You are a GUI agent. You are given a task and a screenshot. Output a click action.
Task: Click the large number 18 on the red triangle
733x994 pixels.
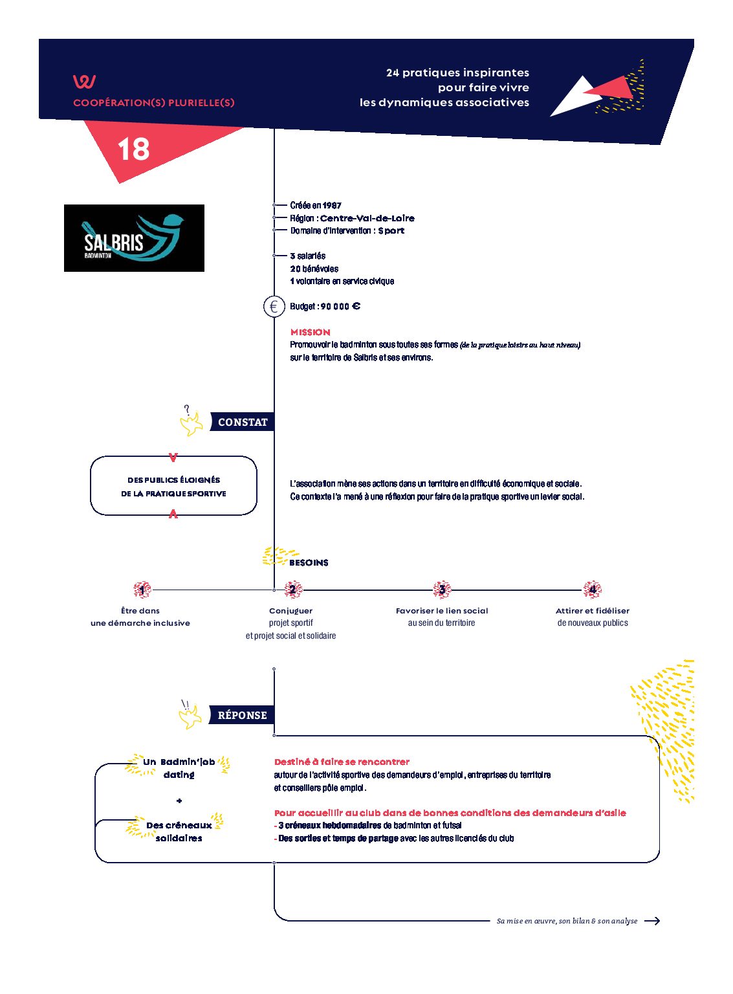[133, 149]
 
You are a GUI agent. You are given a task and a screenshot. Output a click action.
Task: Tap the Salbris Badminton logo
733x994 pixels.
[134, 238]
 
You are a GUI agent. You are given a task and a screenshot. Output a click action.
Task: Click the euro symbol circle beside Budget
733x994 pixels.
[274, 307]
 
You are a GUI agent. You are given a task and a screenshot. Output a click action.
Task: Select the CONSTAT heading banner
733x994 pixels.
[242, 422]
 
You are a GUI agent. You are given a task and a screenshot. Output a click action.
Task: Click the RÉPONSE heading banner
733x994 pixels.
[241, 715]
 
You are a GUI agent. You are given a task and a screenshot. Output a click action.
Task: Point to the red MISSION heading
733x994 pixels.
[310, 332]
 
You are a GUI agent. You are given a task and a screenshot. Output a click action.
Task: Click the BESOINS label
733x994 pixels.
[309, 562]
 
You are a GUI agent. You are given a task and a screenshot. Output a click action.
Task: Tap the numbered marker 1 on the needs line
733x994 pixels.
[142, 590]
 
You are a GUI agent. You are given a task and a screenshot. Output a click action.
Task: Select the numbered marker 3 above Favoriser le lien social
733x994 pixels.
[442, 590]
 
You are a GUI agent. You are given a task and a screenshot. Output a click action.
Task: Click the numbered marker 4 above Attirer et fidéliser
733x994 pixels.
[592, 590]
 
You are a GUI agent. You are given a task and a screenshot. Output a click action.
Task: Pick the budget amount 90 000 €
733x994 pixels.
[340, 307]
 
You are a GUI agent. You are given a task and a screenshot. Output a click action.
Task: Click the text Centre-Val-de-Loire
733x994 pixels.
[367, 218]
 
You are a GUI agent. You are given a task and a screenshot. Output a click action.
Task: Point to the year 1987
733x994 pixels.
[332, 205]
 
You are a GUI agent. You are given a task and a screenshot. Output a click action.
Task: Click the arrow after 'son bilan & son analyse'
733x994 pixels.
[652, 921]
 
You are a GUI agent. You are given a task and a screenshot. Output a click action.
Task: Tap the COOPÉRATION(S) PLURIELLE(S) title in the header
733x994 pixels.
[154, 103]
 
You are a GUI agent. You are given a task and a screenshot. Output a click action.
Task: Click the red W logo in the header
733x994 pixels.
[84, 82]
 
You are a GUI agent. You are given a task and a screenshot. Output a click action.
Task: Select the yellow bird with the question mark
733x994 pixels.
[191, 423]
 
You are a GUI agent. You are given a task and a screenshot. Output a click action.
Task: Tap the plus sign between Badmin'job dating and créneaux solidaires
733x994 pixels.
[179, 801]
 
